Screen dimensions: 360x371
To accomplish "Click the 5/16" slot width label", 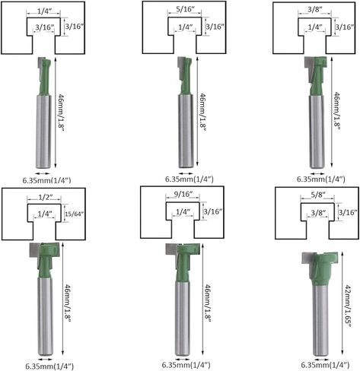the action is click(x=185, y=9).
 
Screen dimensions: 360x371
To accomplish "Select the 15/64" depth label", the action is click(x=74, y=214).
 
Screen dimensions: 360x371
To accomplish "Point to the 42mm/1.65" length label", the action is click(x=347, y=306).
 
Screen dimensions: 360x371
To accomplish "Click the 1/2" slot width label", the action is click(x=46, y=197).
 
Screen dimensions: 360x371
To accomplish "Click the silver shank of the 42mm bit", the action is click(x=320, y=320).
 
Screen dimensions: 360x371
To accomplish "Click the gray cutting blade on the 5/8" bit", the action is click(x=307, y=258).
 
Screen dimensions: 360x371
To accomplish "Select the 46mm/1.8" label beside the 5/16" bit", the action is click(x=202, y=112).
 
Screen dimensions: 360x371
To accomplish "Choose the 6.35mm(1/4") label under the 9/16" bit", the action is click(x=186, y=365).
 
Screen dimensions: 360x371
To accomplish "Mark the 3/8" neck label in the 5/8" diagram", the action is click(x=318, y=213).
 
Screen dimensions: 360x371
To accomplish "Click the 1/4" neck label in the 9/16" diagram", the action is click(x=183, y=211).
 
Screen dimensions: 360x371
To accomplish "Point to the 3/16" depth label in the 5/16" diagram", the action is click(x=215, y=27).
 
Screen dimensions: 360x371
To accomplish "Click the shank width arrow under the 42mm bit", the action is click(x=321, y=360).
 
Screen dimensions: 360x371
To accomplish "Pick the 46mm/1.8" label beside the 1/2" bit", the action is click(x=67, y=303).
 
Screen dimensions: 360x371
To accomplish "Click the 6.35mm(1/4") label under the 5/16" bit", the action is click(x=190, y=179).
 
